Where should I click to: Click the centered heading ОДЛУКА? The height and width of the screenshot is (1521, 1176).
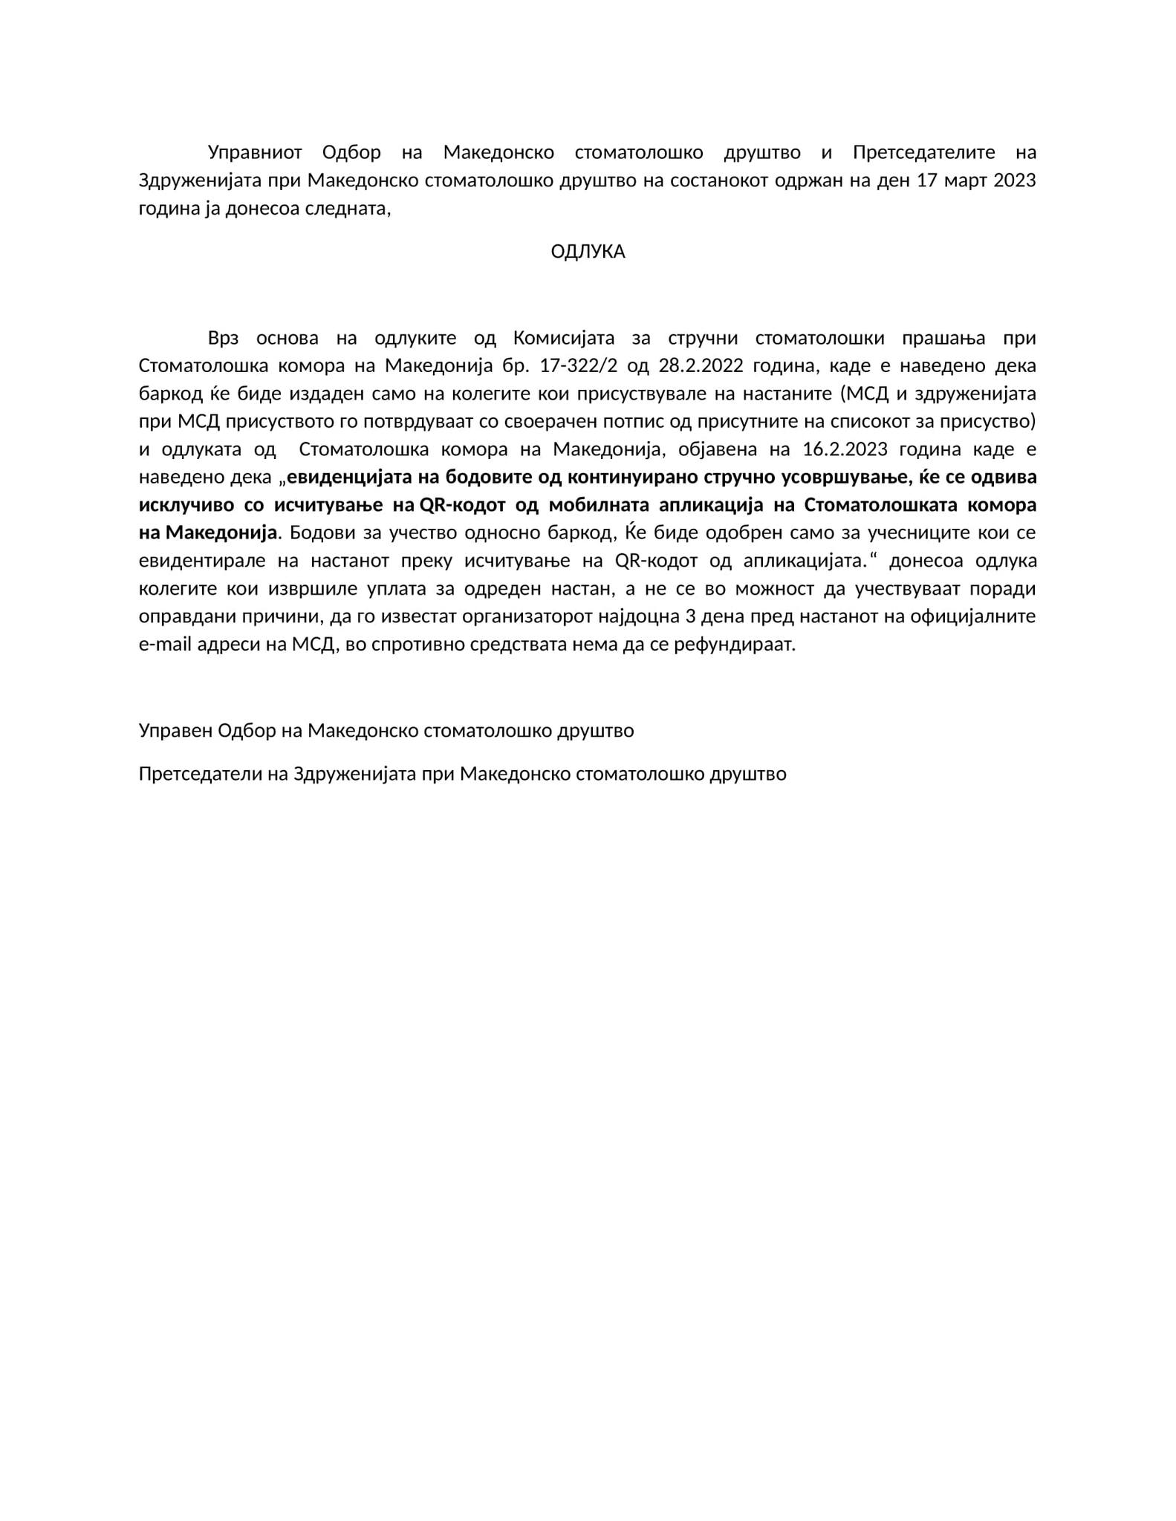tap(588, 252)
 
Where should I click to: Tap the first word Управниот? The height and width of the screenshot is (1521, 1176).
tap(255, 153)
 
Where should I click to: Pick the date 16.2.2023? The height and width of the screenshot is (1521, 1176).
tap(845, 450)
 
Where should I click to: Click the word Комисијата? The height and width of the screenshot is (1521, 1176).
tap(564, 339)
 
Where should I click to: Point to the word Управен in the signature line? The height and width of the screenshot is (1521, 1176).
tap(175, 731)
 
